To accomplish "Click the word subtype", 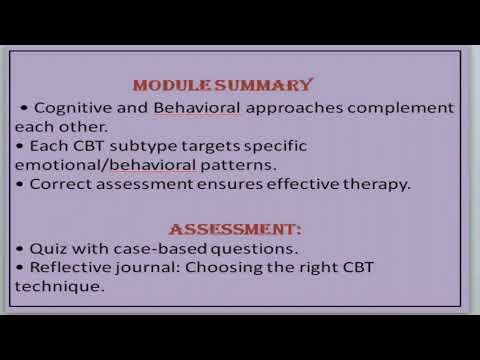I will click(x=135, y=145).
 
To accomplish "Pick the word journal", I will click(x=149, y=267).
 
